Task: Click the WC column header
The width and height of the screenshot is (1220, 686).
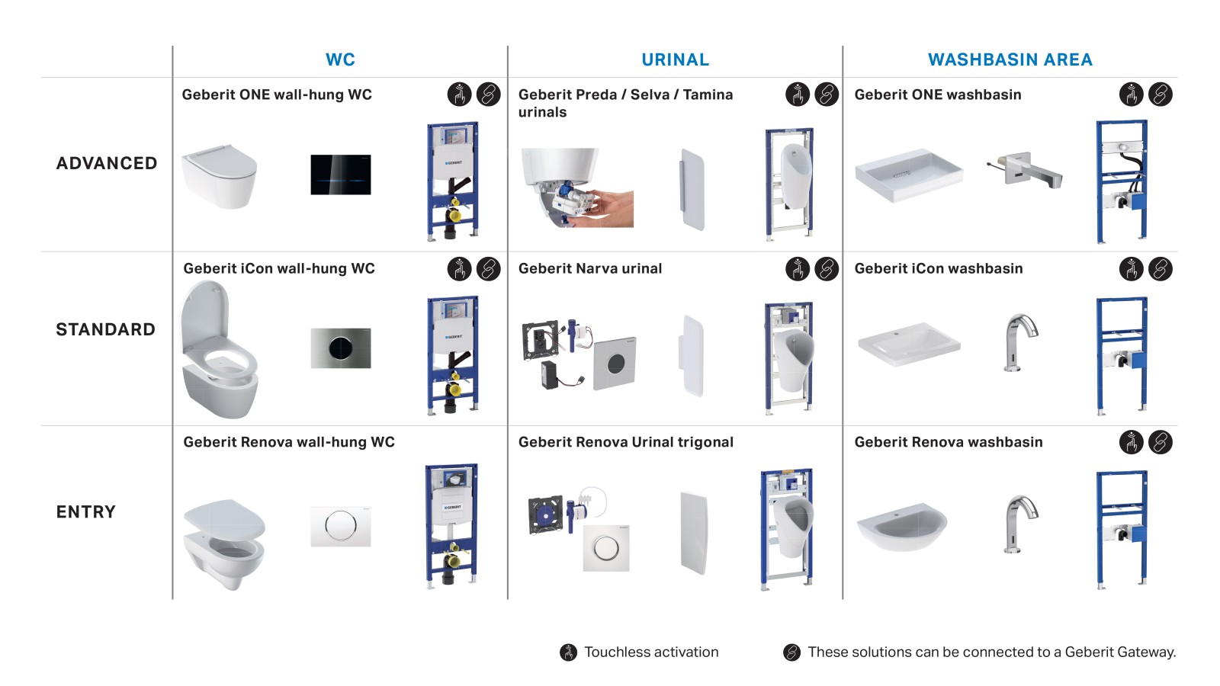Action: [x=340, y=59]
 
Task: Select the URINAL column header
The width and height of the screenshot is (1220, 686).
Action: [x=675, y=59]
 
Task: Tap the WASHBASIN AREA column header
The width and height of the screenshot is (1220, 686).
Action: [x=1010, y=59]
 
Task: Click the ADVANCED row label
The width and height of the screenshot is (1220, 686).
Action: [x=107, y=163]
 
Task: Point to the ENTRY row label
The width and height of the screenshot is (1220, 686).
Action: [x=86, y=511]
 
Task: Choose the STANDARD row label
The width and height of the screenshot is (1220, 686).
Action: [x=106, y=329]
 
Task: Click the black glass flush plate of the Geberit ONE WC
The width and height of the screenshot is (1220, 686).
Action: [x=341, y=175]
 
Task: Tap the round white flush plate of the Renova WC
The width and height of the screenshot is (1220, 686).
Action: [x=341, y=525]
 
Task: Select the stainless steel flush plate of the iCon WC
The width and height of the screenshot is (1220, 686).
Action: [x=341, y=348]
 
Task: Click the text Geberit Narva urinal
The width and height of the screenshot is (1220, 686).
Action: [x=590, y=268]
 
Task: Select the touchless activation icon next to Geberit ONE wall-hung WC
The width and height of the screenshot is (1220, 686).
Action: [x=459, y=95]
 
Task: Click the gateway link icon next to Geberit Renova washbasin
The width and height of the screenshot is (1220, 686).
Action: [x=1160, y=442]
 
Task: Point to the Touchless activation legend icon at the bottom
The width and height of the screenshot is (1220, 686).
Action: [x=569, y=652]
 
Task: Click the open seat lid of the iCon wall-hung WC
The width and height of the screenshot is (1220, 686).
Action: [x=204, y=316]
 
